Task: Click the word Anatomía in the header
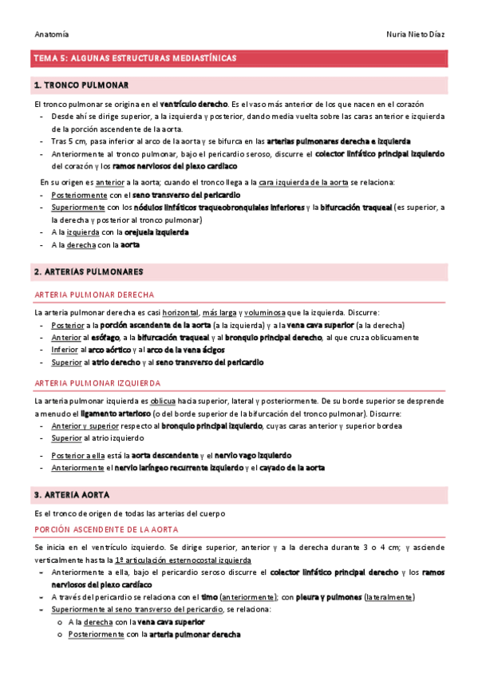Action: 52,34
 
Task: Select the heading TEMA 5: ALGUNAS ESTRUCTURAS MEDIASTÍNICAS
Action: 134,58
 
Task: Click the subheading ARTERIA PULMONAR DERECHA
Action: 94,295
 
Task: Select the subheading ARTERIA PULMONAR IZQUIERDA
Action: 97,383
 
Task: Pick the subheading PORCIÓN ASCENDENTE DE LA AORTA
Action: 106,529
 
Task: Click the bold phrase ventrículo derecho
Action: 194,104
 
